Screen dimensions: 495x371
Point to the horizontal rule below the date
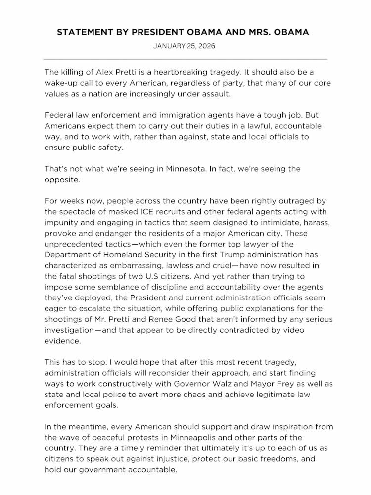(185, 59)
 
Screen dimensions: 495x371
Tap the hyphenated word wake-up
(61, 83)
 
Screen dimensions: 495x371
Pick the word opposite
(62, 180)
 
